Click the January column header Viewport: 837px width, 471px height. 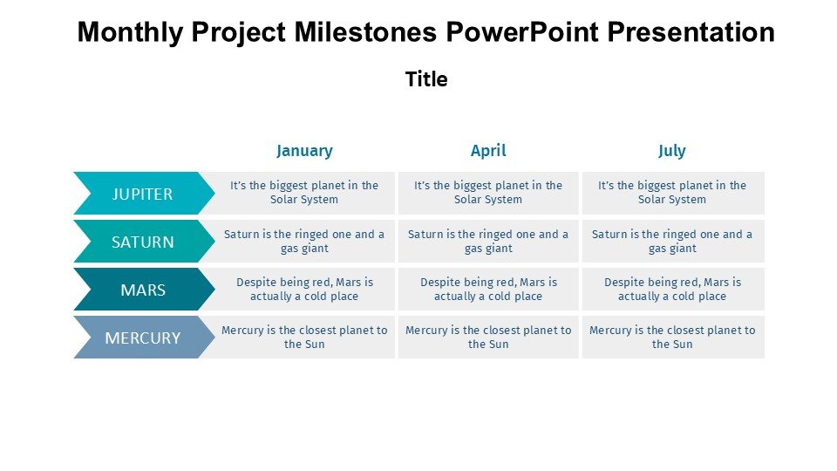tap(304, 151)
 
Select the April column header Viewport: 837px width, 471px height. tap(488, 151)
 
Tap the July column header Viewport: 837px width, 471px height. tap(671, 151)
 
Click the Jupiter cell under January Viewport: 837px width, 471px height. tap(304, 193)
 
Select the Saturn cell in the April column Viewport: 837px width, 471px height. tap(488, 242)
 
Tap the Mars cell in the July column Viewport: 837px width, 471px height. tap(673, 290)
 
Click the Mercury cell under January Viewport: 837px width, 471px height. tap(304, 338)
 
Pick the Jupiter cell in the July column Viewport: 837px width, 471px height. tap(673, 193)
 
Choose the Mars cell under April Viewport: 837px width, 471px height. tap(488, 290)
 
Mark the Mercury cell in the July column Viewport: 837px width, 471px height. tap(673, 338)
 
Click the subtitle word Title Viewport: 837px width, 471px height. tap(426, 79)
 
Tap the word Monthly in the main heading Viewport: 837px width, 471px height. tap(131, 32)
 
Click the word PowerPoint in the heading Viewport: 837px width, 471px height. tap(522, 31)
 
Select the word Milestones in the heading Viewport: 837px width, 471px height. tap(365, 31)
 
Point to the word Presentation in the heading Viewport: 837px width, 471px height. tap(691, 31)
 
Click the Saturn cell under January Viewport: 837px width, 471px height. tap(304, 242)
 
